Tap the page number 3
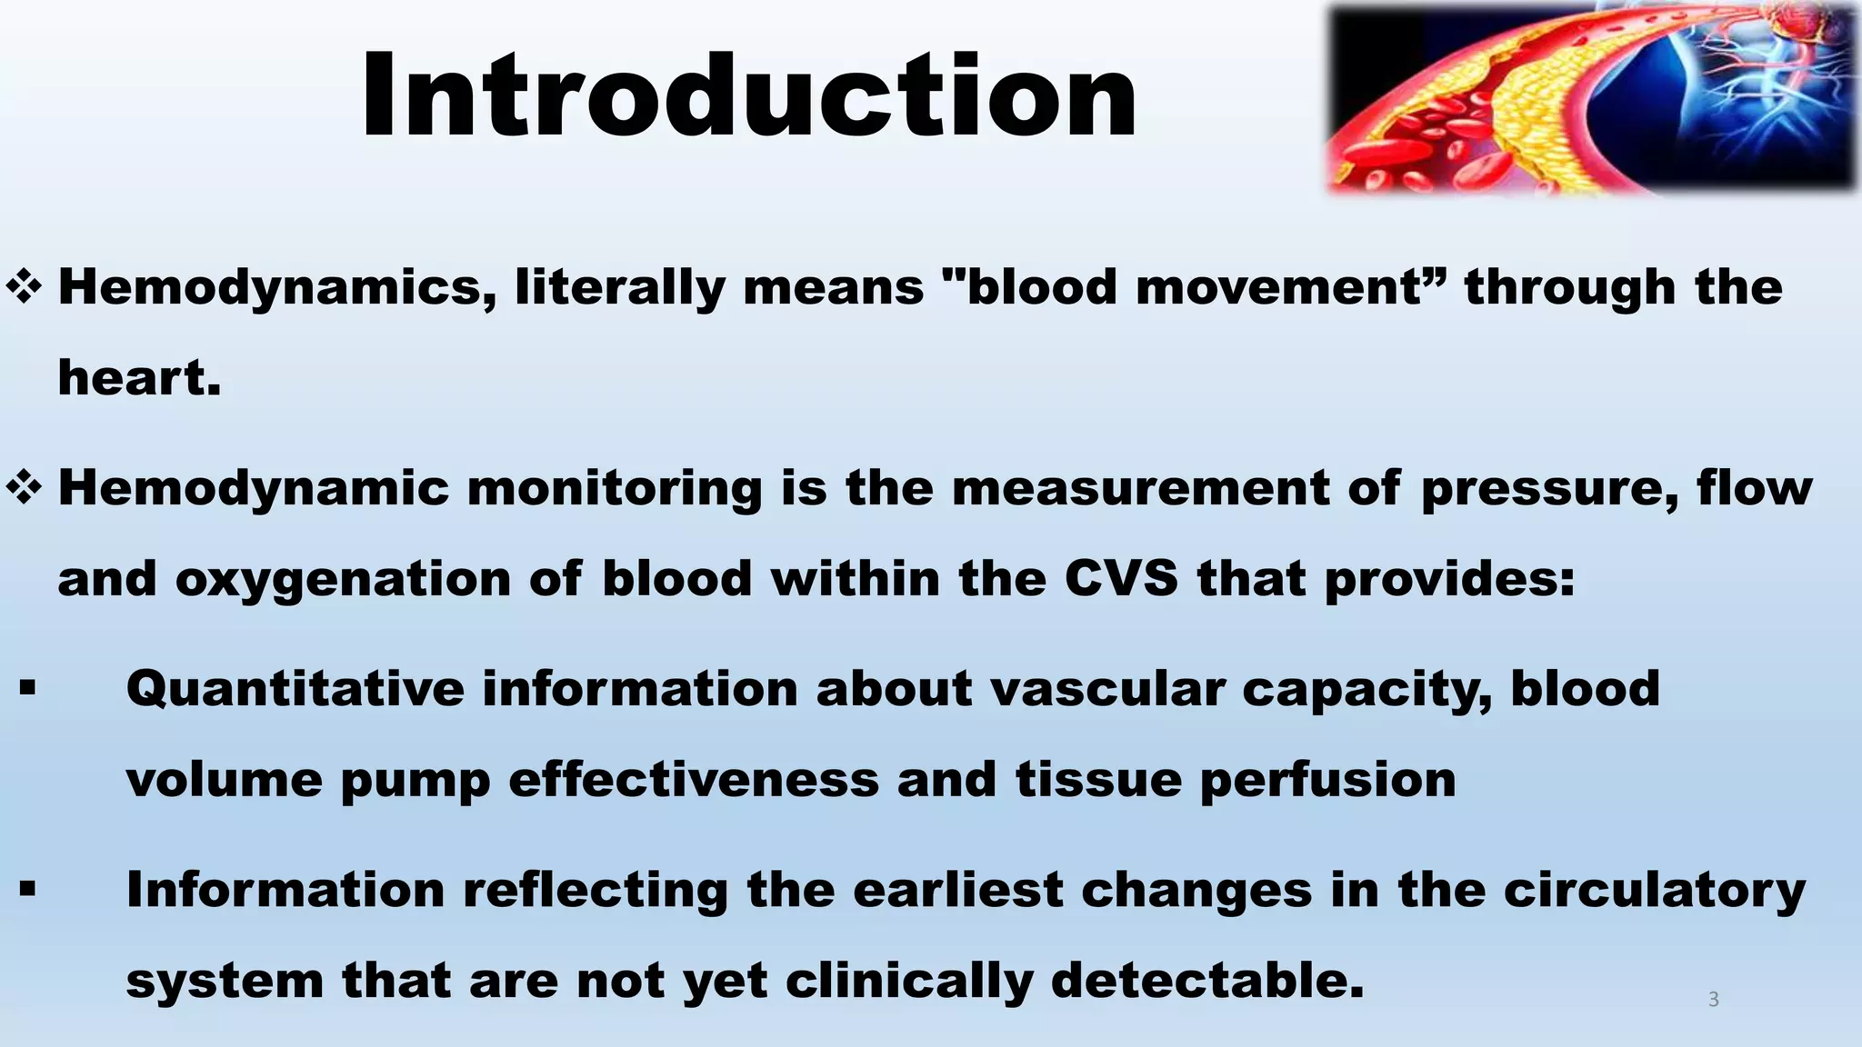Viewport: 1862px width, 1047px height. [x=1713, y=1000]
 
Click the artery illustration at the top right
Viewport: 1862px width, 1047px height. [x=1591, y=98]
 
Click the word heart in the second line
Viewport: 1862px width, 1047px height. [x=138, y=378]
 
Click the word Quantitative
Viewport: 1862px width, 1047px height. [x=295, y=689]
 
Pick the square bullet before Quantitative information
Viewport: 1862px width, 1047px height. [x=27, y=689]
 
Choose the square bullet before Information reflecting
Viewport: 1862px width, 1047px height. [x=27, y=890]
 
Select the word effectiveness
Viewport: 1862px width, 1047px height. [x=694, y=780]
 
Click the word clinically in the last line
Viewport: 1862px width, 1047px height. [x=909, y=982]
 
